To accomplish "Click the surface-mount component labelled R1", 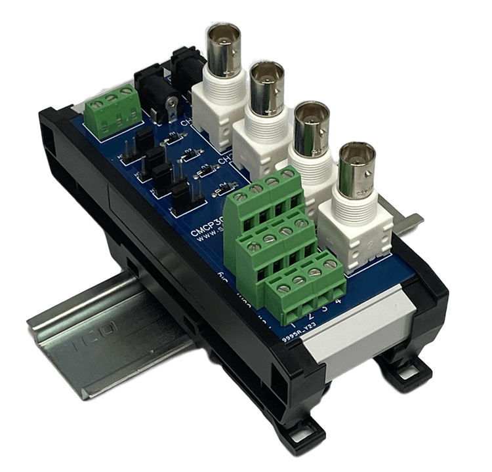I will (x=174, y=138).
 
